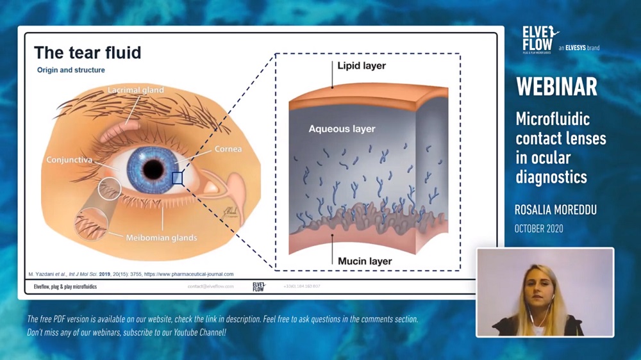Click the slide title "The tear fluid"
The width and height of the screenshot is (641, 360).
[87, 53]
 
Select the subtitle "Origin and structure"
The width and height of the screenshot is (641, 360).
[71, 70]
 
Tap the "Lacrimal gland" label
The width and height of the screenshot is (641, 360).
[135, 90]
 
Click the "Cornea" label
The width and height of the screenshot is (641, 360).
[228, 149]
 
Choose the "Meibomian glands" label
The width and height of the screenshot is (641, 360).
[161, 238]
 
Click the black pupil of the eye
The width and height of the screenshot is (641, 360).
[153, 169]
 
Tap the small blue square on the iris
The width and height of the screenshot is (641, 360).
[178, 179]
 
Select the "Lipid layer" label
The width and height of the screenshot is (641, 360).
[362, 66]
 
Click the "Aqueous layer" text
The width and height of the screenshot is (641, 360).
[342, 129]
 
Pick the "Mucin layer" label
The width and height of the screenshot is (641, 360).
[364, 261]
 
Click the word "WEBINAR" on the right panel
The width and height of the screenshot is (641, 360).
[556, 86]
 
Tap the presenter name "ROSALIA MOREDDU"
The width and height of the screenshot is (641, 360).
[556, 210]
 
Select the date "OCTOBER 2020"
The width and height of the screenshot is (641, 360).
[539, 229]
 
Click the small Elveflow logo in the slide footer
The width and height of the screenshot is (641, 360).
[259, 286]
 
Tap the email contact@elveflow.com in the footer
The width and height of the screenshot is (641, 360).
[210, 286]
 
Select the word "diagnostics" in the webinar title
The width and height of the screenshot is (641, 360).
[551, 176]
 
